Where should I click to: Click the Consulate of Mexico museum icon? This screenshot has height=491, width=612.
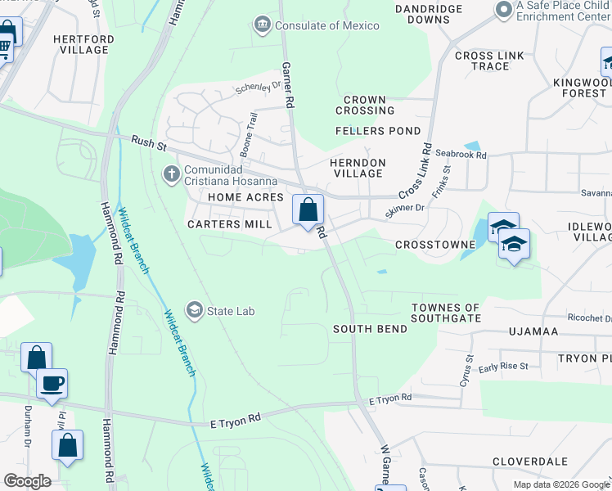tap(262, 25)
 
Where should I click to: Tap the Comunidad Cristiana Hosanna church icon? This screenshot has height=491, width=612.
tap(171, 173)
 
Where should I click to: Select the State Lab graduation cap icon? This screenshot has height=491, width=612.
tap(195, 310)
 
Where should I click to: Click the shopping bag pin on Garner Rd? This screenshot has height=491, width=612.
tap(308, 210)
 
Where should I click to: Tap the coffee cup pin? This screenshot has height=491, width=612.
tap(52, 383)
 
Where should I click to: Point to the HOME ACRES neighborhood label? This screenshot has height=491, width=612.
tap(245, 198)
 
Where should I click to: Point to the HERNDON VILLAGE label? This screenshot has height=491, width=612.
tap(358, 168)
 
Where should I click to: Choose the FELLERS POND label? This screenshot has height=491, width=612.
tap(378, 131)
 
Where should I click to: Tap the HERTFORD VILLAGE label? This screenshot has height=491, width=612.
tap(81, 44)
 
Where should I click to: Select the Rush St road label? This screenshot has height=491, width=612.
tap(148, 143)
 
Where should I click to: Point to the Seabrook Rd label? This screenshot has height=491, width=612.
tap(461, 155)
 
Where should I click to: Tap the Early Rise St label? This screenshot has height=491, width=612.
tap(503, 367)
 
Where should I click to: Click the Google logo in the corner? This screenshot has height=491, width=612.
tap(27, 480)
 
